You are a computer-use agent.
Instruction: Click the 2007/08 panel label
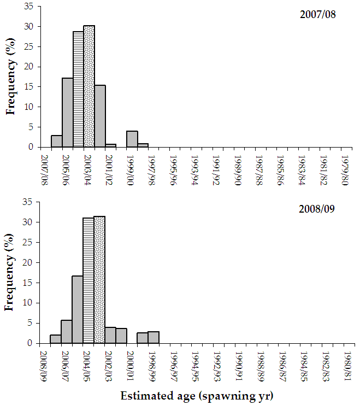pyautogui.click(x=317, y=14)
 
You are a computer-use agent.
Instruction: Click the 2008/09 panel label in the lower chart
pyautogui.click(x=317, y=210)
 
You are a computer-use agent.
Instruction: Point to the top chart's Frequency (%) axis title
pyautogui.click(x=10, y=77)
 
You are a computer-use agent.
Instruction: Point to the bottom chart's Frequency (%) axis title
pyautogui.click(x=10, y=272)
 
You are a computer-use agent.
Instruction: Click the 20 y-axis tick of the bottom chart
pyautogui.click(x=29, y=262)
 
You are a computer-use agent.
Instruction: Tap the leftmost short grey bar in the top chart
pyautogui.click(x=57, y=141)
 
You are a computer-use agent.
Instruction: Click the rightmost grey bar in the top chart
pyautogui.click(x=143, y=145)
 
